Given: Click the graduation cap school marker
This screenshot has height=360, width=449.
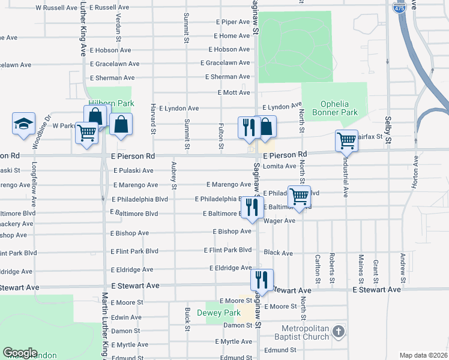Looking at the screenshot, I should pos(23,124).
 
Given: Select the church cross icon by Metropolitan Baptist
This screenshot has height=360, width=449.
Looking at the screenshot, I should pos(339,331).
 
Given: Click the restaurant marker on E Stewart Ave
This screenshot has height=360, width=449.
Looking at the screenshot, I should pos(262,279).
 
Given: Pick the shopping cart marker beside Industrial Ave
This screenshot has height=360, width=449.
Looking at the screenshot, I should pos(346,140).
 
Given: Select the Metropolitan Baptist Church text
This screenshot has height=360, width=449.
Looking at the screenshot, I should pos(306,332).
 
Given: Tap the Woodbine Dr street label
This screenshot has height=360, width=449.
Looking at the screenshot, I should pos(47,128).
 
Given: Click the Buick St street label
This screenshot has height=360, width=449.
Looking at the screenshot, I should pos(188,319).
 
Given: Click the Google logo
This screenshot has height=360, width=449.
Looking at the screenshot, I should pos(20,353).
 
